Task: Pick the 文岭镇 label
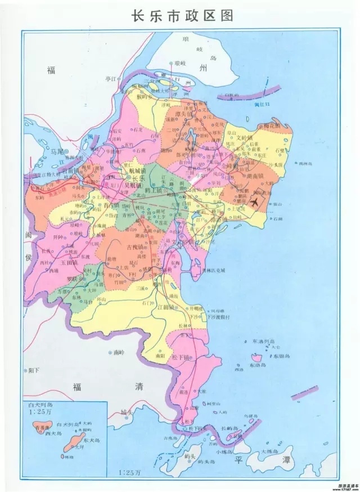point(246,136)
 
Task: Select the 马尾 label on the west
point(56,151)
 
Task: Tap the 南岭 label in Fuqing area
point(118,353)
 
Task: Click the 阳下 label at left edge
point(34,370)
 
